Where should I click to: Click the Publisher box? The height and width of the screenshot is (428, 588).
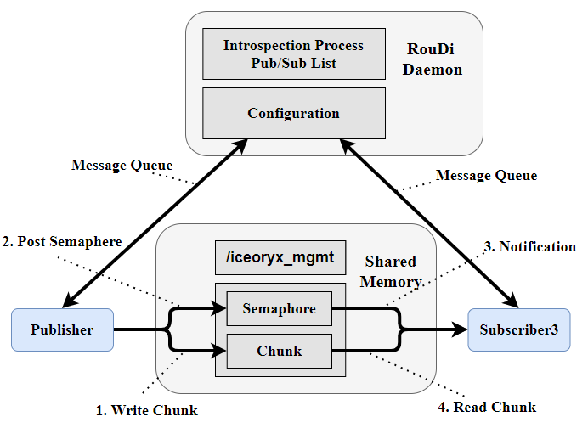pos(61,329)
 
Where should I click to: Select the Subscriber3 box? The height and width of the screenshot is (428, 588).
pos(518,329)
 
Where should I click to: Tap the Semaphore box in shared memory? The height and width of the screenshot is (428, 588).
pos(279,308)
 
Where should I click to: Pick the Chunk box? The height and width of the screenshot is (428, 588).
pos(279,350)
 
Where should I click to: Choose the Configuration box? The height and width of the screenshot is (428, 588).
pos(293,113)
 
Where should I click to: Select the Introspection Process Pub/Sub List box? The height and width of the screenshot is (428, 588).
pos(293,53)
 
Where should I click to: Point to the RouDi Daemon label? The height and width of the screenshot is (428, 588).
pos(433,60)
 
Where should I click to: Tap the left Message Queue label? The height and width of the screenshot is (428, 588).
pos(122,165)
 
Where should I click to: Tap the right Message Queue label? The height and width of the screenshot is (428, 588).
pos(486,175)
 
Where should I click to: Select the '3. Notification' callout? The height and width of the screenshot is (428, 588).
pos(529,246)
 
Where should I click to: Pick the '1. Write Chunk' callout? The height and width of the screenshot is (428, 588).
pos(146,410)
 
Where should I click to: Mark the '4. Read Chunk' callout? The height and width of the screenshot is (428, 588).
pos(488,407)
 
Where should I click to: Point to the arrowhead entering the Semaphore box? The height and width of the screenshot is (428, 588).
pos(219,309)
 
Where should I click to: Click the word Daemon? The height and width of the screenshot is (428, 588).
pos(433,70)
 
